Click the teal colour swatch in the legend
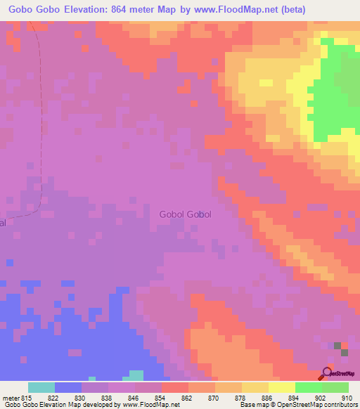click(41, 387)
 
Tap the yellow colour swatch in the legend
click(282, 387)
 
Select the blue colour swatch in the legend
click(68, 387)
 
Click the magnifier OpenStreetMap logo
click(326, 374)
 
